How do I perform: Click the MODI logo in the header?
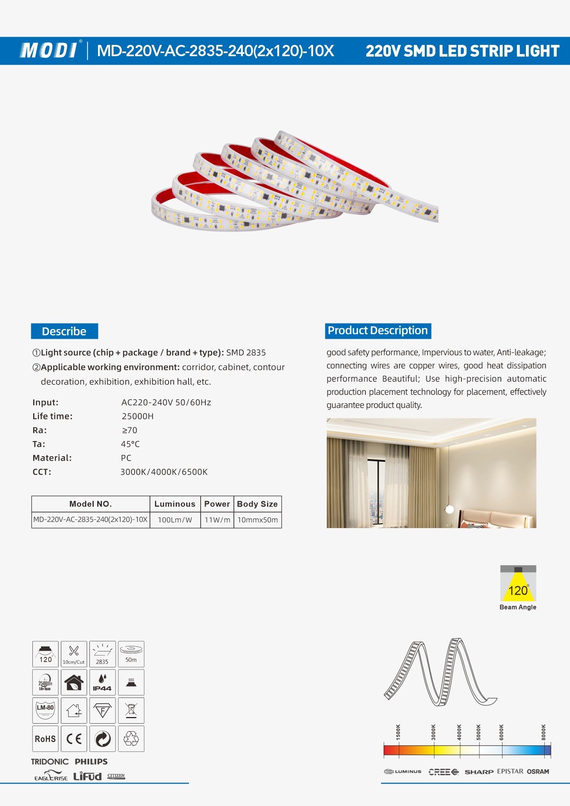click(48, 50)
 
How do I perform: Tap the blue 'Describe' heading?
click(64, 331)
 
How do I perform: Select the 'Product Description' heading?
click(378, 331)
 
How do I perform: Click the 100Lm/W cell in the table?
click(175, 520)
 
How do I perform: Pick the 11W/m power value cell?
click(217, 520)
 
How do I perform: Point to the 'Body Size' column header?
click(257, 504)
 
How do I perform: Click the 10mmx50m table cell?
click(258, 520)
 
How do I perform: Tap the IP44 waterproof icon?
click(102, 683)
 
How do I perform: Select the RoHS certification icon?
click(45, 739)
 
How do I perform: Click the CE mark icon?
click(74, 739)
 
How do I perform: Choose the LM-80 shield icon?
click(45, 711)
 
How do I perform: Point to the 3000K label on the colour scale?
click(433, 732)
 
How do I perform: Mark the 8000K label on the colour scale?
click(544, 732)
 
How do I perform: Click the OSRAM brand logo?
click(538, 772)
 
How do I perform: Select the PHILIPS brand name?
click(91, 762)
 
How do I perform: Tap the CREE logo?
click(443, 772)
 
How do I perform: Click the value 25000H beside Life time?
click(137, 416)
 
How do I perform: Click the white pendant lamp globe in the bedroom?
click(450, 509)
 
